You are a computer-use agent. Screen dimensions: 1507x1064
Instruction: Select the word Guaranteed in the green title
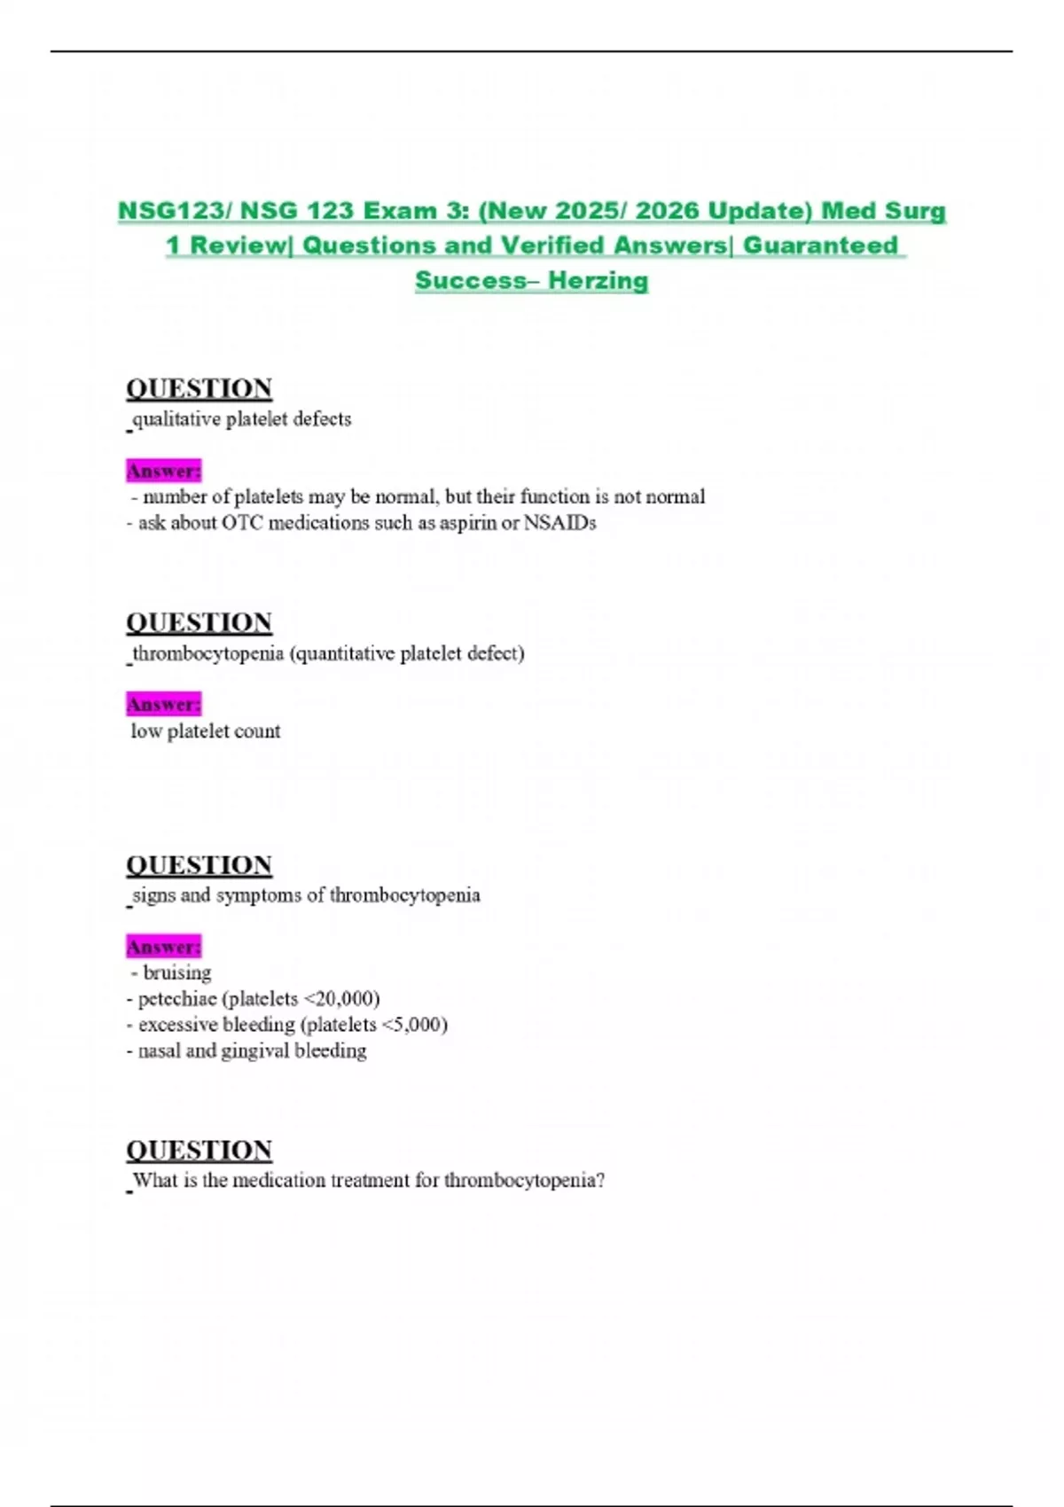coord(820,246)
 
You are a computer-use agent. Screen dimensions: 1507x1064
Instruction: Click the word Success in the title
coord(471,280)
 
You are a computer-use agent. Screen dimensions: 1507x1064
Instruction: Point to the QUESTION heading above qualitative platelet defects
coord(199,388)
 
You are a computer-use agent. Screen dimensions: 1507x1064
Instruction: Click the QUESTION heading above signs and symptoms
coord(199,864)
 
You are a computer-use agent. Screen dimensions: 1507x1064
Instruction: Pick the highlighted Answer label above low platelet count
coord(164,705)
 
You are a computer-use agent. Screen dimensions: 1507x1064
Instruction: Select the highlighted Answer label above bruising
coord(164,947)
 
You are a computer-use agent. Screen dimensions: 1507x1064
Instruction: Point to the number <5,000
coord(414,1025)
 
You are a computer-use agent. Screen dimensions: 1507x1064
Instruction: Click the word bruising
coord(177,972)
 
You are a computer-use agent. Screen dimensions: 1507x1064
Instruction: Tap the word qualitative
coord(176,419)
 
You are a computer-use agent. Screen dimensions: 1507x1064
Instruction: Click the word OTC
coord(242,523)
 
